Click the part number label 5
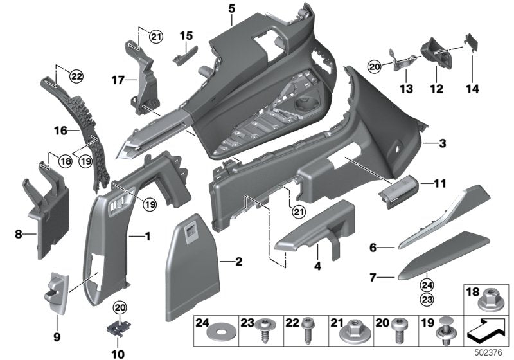pos(231,8)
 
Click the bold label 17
pos(116,81)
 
